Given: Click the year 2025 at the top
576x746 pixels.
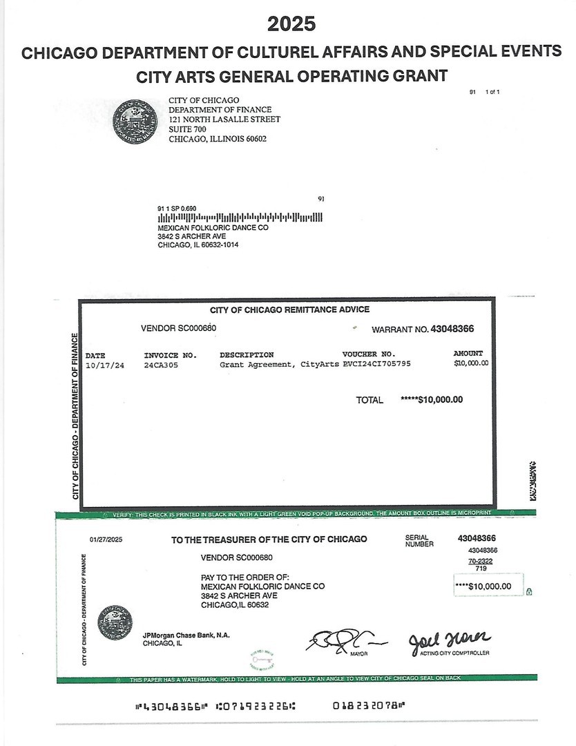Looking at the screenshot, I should tap(291, 23).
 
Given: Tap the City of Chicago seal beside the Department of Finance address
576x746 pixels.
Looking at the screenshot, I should tap(135, 121).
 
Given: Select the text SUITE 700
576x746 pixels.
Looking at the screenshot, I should tap(188, 129).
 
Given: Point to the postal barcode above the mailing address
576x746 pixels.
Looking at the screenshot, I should tap(240, 218).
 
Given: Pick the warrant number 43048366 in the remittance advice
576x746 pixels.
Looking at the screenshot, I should tap(452, 329).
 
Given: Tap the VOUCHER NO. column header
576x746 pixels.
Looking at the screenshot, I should tap(369, 354).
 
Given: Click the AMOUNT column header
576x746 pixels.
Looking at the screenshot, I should tap(468, 354).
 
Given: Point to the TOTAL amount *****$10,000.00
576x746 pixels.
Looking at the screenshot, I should tap(432, 399).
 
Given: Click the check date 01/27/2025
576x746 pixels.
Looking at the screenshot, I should tap(106, 539).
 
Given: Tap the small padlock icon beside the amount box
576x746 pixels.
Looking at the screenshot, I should tap(529, 591).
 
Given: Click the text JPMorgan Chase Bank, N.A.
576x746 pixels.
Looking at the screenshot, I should tap(186, 635).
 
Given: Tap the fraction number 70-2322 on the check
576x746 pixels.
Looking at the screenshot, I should tap(480, 561).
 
